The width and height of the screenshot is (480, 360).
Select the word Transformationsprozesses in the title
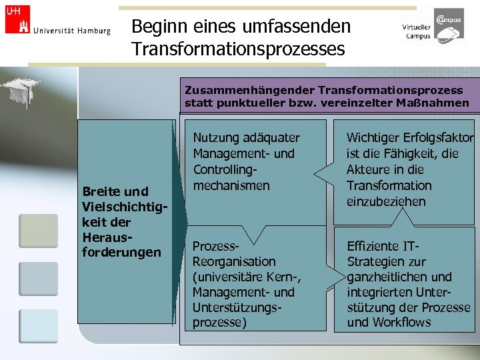pos(238,49)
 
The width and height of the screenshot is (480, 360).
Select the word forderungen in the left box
pos(121,252)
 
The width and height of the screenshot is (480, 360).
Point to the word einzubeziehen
pos(386,201)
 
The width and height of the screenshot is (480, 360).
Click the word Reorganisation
pos(233,261)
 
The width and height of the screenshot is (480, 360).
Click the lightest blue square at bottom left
pos(38,326)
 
